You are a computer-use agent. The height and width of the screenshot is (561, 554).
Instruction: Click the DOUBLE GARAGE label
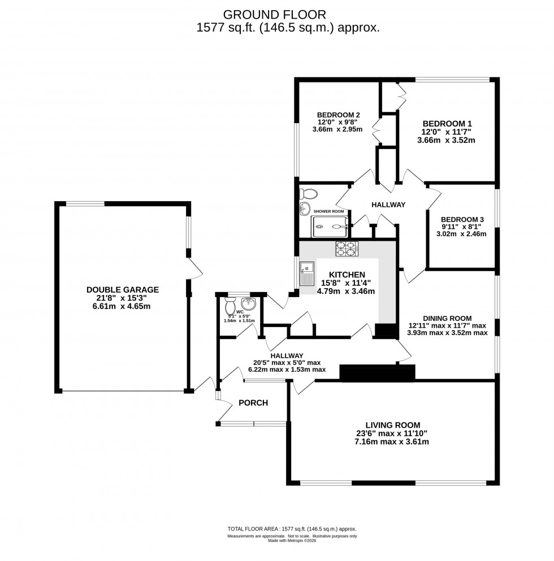(x=123, y=289)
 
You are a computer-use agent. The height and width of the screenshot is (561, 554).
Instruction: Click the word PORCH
(x=253, y=403)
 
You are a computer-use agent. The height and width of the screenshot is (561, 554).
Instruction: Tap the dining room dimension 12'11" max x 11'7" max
(x=447, y=325)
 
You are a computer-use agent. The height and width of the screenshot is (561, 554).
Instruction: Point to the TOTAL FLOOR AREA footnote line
(x=292, y=529)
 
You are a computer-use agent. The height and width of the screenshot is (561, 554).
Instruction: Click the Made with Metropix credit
(x=292, y=541)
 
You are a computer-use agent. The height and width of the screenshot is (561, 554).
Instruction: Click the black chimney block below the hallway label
(x=377, y=372)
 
